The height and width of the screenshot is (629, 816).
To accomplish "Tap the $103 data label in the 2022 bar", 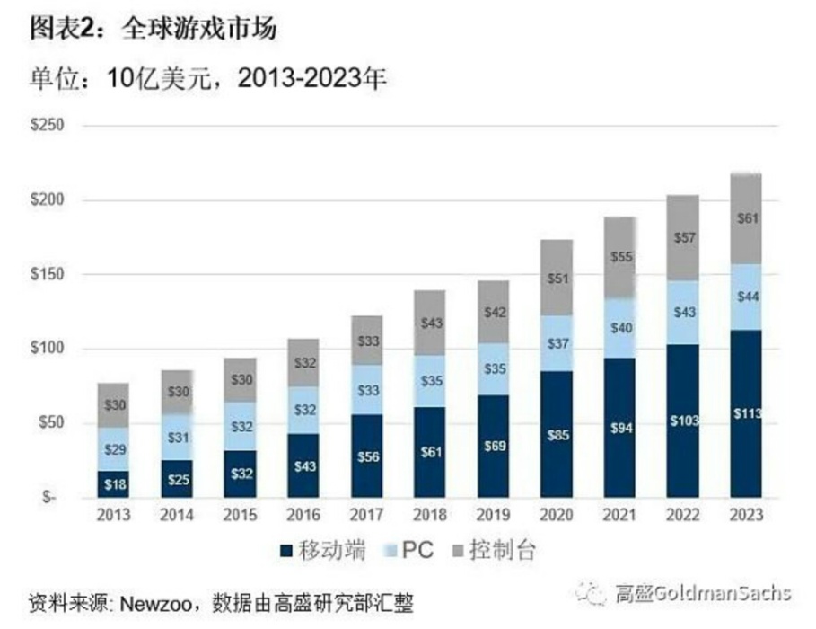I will point(683,420).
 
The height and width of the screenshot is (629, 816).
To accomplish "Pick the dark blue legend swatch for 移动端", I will point(287,550).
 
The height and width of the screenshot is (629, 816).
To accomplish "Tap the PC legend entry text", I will point(417,550).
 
